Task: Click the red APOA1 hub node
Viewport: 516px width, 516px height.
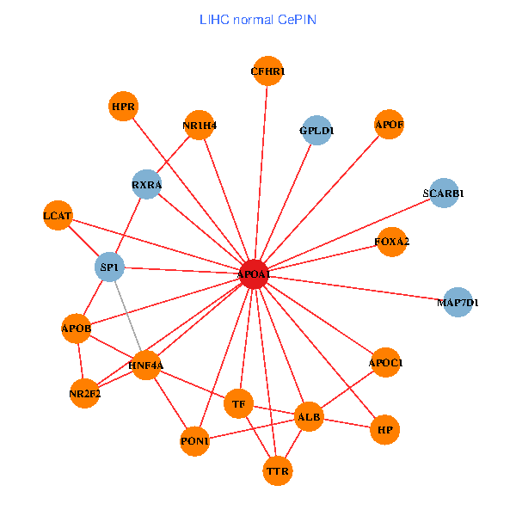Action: [254, 274]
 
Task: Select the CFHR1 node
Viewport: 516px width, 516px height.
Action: [267, 71]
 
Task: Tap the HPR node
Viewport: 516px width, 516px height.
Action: [124, 107]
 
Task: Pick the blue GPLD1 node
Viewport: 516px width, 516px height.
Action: [317, 131]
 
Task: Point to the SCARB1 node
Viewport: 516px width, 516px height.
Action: [444, 193]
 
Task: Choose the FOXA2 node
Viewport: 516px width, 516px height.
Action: [392, 242]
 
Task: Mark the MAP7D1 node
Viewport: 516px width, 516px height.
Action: [458, 303]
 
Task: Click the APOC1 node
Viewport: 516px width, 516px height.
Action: [385, 363]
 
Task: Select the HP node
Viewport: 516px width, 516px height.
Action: [385, 428]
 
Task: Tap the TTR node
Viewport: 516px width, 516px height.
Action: [278, 471]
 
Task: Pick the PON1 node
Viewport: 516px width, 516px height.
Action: [195, 441]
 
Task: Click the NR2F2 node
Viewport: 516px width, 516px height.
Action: [84, 395]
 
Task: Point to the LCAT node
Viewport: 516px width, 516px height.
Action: [58, 214]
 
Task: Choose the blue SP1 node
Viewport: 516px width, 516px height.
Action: [110, 267]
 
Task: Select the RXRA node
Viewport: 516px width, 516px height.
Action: [147, 185]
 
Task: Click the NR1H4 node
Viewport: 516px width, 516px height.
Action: [200, 126]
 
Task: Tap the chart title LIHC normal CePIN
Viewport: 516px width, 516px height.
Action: [258, 19]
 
